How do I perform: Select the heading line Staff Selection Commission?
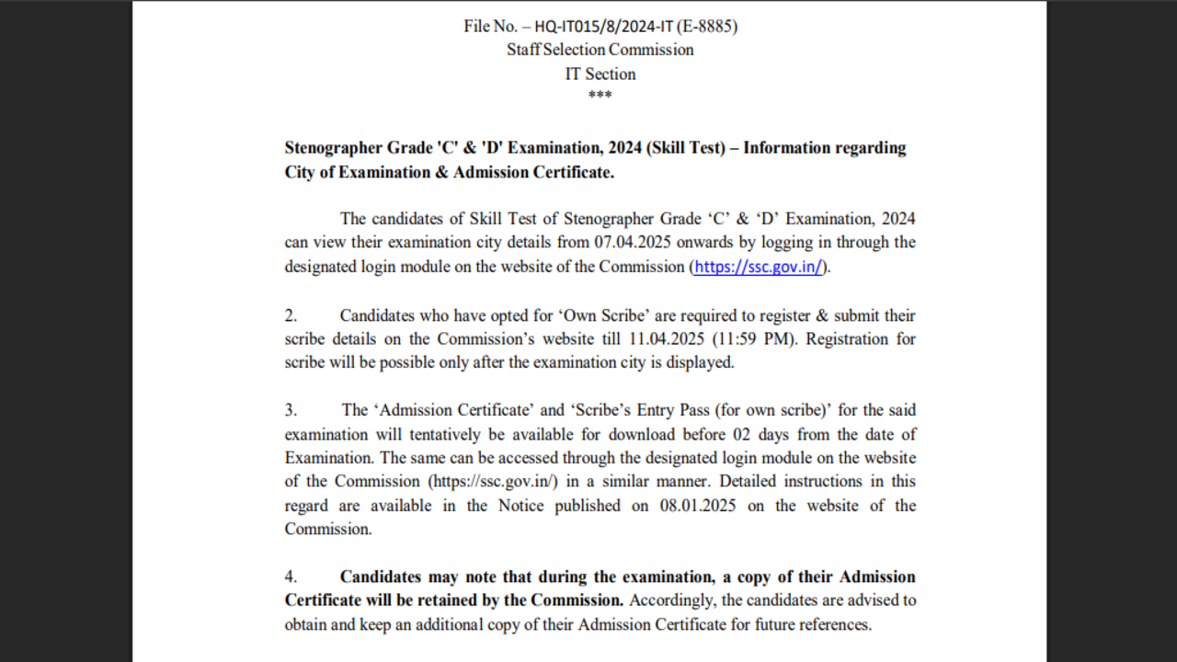coord(600,50)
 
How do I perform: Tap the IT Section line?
coord(600,74)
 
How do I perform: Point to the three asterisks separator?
coord(600,96)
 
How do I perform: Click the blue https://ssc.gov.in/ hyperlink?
coord(759,268)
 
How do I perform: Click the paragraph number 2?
coord(291,315)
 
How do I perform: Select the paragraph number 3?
coord(291,410)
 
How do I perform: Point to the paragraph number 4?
coord(291,577)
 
